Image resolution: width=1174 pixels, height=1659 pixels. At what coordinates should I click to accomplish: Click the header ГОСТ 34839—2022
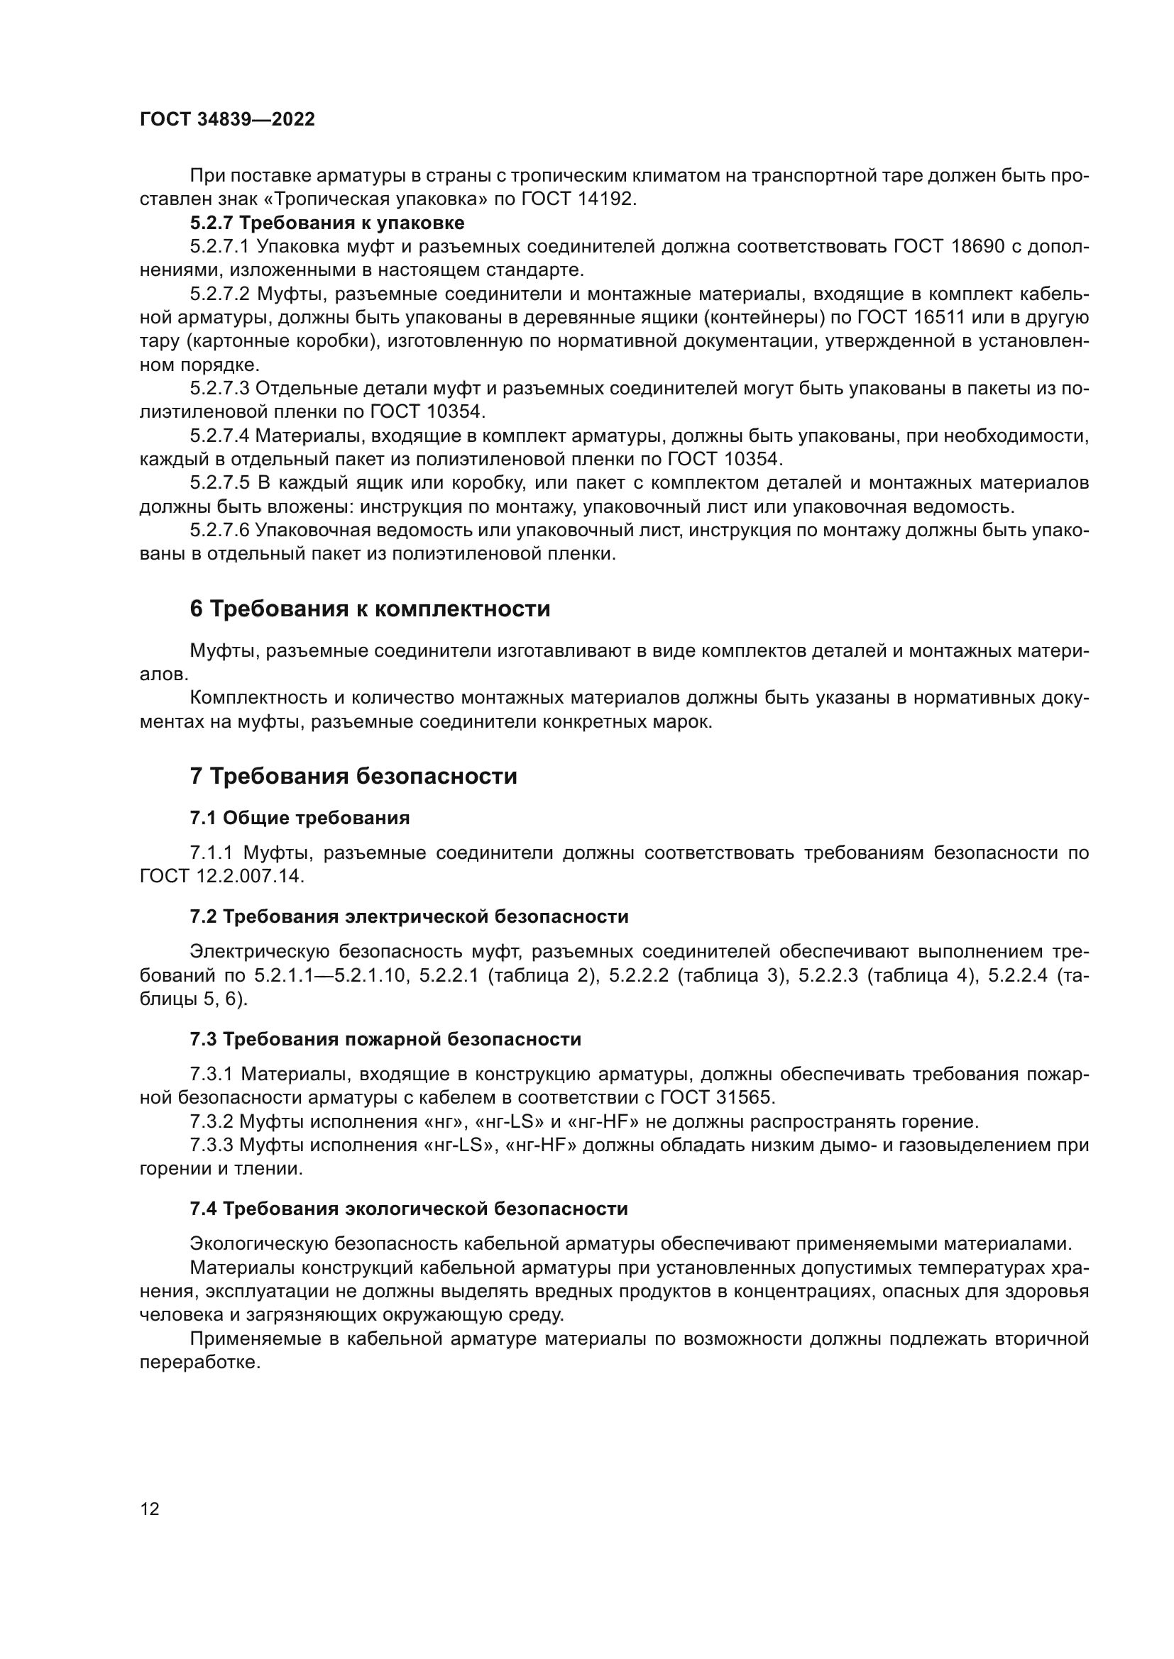pyautogui.click(x=227, y=120)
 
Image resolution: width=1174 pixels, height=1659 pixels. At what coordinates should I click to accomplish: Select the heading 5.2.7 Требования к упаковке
pyautogui.click(x=327, y=223)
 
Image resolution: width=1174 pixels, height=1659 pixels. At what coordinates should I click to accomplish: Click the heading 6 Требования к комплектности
pyautogui.click(x=369, y=609)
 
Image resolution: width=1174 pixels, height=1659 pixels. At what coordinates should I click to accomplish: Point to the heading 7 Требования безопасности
pyautogui.click(x=353, y=777)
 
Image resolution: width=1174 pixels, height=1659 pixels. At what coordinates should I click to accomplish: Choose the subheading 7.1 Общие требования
pyautogui.click(x=300, y=818)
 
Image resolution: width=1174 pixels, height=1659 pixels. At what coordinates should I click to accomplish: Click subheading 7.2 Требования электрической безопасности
pyautogui.click(x=408, y=917)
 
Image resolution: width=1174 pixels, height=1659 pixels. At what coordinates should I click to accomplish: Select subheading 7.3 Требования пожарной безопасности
pyautogui.click(x=385, y=1040)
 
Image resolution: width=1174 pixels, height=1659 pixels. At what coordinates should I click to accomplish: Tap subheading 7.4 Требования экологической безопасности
pyautogui.click(x=408, y=1209)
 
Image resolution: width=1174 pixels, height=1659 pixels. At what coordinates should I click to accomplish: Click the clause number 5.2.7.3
pyautogui.click(x=219, y=389)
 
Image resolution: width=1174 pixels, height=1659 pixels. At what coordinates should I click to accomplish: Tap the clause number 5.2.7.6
pyautogui.click(x=219, y=531)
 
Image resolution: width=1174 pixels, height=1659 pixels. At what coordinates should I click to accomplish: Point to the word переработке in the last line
pyautogui.click(x=199, y=1363)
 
